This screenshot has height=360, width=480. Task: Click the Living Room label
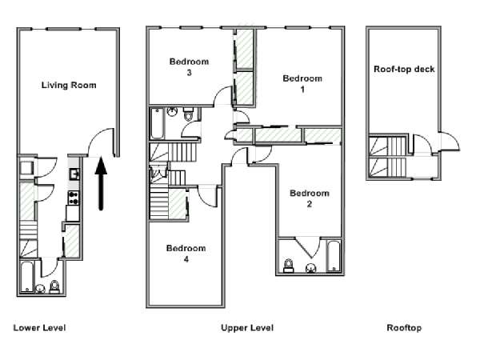coord(69,85)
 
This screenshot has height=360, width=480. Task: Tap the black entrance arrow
coord(101,184)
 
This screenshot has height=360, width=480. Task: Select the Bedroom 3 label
coord(189,66)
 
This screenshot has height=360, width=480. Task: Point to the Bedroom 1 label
coord(302,83)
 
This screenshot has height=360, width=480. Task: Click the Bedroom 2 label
coord(310,198)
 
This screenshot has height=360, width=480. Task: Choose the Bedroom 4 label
coord(186,254)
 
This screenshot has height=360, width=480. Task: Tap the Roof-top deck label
coord(404,69)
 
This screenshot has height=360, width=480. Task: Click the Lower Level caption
coord(39,328)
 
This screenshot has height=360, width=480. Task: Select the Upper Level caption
coord(247,328)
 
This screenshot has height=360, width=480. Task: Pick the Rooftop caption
coord(404,328)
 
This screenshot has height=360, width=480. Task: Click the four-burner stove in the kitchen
coord(74,198)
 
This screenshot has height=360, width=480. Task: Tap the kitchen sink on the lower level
coord(74,174)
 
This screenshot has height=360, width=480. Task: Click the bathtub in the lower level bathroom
coord(26,277)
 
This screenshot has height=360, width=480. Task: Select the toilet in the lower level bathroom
coord(54,287)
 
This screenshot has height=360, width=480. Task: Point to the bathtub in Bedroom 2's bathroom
coord(334,256)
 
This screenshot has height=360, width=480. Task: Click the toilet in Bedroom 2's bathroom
coord(288,266)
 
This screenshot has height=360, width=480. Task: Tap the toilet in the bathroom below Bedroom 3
coord(188,114)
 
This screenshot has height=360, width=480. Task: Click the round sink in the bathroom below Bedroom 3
coord(172,111)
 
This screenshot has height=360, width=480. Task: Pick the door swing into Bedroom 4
coord(208,198)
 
